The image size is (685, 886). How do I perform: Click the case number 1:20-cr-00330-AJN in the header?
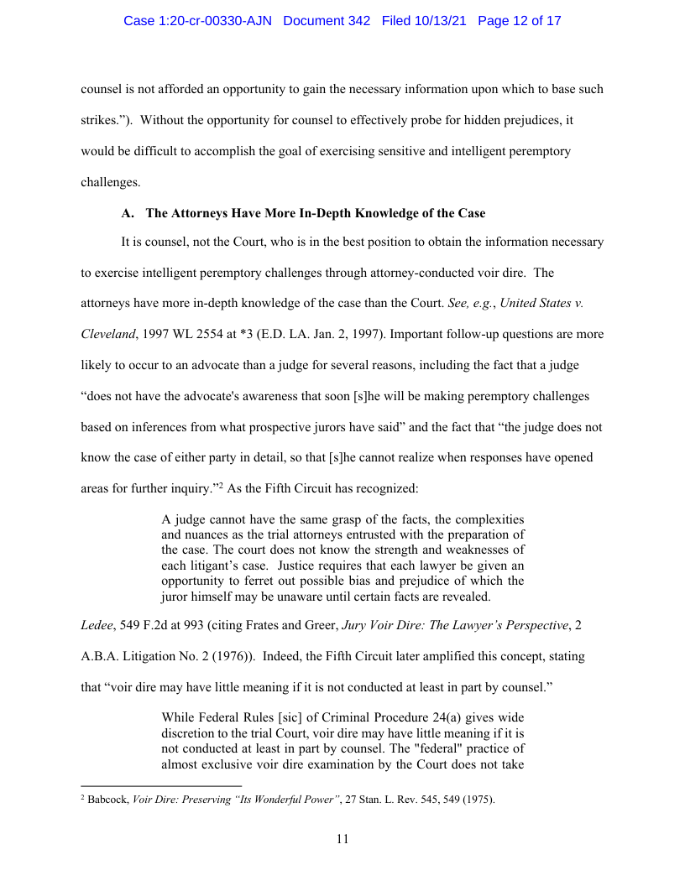pos(197,21)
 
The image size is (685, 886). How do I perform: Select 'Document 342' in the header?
pos(327,21)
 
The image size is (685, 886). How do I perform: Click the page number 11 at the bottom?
pos(342,838)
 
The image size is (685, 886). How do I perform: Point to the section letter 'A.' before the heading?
pos(128,213)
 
